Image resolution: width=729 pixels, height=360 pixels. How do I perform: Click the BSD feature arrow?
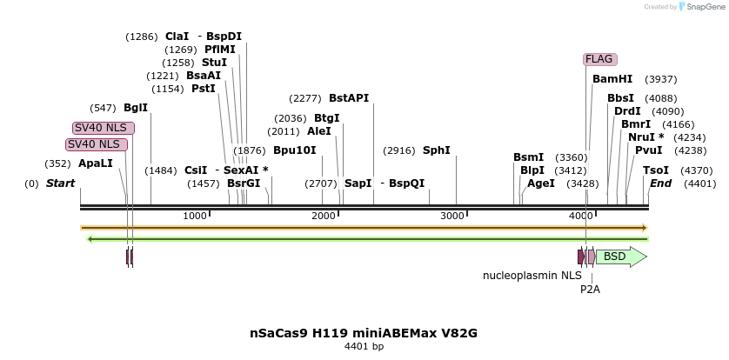pyautogui.click(x=620, y=257)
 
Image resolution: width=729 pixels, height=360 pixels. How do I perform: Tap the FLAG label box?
pyautogui.click(x=599, y=59)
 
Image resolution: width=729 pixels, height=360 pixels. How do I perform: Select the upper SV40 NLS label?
pyautogui.click(x=104, y=128)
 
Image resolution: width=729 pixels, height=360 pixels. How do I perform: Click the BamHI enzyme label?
pyautogui.click(x=612, y=79)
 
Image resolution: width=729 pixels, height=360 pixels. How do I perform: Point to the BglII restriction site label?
pyautogui.click(x=136, y=108)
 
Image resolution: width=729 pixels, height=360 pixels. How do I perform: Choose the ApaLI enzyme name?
pyautogui.click(x=96, y=163)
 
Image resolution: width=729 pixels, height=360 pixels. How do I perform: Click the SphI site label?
pyautogui.click(x=437, y=150)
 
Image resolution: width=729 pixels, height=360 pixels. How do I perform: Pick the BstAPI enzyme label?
pyautogui.click(x=349, y=98)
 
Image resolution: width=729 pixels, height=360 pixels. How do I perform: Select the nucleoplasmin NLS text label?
pyautogui.click(x=532, y=276)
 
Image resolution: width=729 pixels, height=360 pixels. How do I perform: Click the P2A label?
pyautogui.click(x=590, y=289)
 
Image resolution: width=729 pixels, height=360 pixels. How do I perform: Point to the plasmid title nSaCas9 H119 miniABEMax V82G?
pyautogui.click(x=364, y=333)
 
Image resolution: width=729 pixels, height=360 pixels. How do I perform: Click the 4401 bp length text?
pyautogui.click(x=364, y=346)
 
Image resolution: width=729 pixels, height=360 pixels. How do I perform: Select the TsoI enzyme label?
pyautogui.click(x=656, y=170)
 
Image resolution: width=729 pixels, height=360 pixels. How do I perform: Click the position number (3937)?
pyautogui.click(x=660, y=79)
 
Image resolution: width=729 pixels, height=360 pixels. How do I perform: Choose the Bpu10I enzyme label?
pyautogui.click(x=295, y=150)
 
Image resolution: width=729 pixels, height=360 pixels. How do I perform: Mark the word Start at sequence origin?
pyautogui.click(x=60, y=183)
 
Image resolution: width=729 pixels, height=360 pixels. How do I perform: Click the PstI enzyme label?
pyautogui.click(x=203, y=89)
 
